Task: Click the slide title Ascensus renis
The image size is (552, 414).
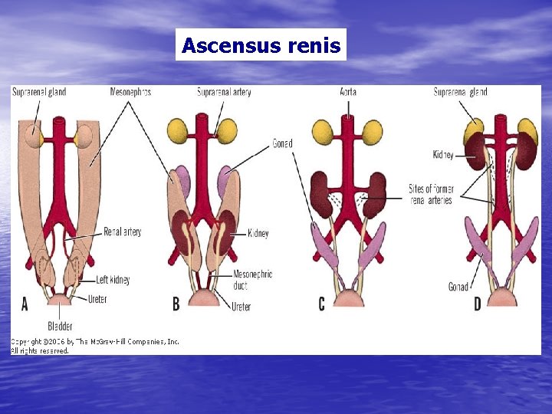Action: click(x=261, y=45)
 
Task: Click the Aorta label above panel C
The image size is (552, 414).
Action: click(x=348, y=93)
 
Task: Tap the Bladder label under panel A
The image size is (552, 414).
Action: click(x=60, y=326)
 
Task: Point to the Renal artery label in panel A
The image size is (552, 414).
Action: click(x=123, y=232)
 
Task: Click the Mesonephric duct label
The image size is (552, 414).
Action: click(x=253, y=279)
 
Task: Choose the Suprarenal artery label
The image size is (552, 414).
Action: click(x=224, y=93)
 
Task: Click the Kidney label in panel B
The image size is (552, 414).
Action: click(x=258, y=233)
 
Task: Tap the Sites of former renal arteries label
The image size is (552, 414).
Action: click(x=430, y=195)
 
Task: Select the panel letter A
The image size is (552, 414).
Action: click(x=25, y=304)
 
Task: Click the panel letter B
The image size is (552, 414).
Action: click(x=176, y=304)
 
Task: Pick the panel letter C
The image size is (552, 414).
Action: click(x=321, y=304)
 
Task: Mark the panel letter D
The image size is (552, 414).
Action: click(x=477, y=304)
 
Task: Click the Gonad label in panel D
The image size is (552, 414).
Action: click(x=458, y=287)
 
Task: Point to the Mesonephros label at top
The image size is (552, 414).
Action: click(x=130, y=93)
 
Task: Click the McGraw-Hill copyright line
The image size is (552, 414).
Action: click(x=94, y=341)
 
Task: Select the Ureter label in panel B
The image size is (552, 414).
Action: click(x=241, y=307)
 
